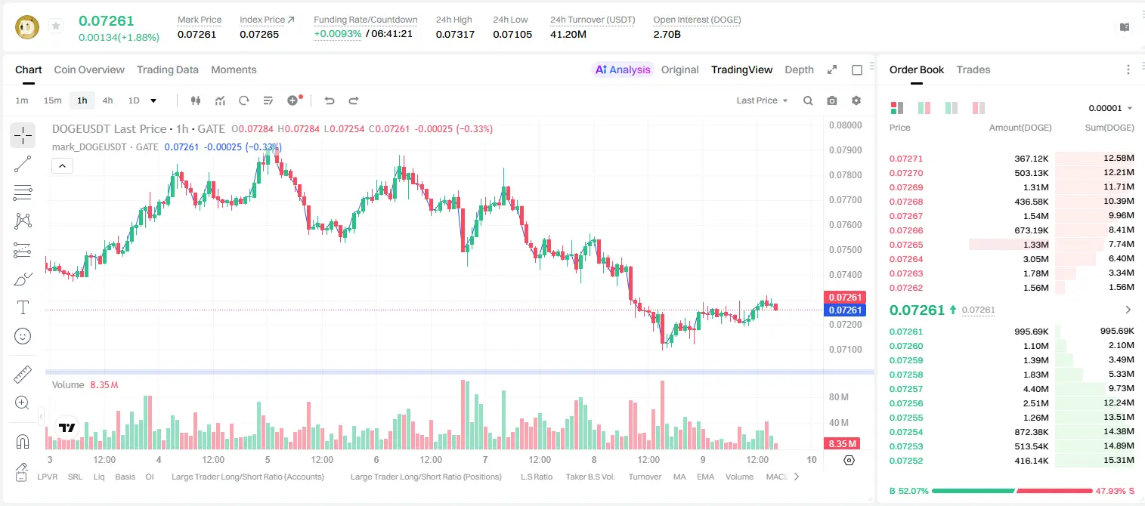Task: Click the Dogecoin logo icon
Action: (x=27, y=27)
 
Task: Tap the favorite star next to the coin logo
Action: (x=56, y=26)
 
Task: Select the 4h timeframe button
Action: (x=107, y=100)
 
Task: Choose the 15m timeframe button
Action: (x=52, y=100)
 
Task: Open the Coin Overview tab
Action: (x=89, y=69)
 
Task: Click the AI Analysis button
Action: (x=623, y=69)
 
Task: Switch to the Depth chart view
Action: (x=799, y=69)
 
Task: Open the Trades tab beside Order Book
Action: (x=973, y=69)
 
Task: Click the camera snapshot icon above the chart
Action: (x=832, y=100)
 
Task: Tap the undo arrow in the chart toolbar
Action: (x=330, y=100)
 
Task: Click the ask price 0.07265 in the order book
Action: (x=905, y=245)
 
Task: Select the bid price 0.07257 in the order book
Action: (x=905, y=389)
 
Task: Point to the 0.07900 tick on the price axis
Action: (x=846, y=150)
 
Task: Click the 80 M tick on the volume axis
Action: (x=838, y=397)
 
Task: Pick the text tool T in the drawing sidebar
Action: (x=23, y=307)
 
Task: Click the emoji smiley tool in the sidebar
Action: (x=23, y=336)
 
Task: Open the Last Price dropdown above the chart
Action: (x=762, y=100)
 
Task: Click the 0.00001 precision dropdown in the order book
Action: (x=1110, y=108)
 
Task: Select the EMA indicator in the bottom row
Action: (x=705, y=477)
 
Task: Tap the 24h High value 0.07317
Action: (x=455, y=34)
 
